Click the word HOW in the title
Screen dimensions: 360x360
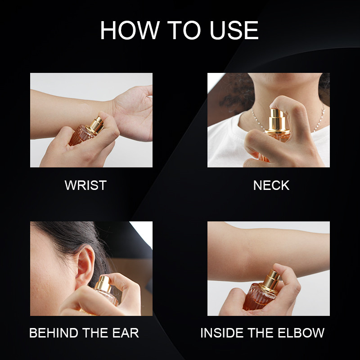pos(130,30)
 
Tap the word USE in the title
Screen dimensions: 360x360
pos(234,30)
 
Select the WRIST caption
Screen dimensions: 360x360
pos(85,185)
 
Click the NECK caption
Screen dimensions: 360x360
pos(271,185)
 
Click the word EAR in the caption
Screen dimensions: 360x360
pos(126,333)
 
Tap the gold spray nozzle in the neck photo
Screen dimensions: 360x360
pos(277,120)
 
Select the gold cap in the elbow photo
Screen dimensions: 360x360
pos(270,282)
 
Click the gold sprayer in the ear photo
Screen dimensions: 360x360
pos(103,284)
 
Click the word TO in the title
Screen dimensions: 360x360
pos(184,30)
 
